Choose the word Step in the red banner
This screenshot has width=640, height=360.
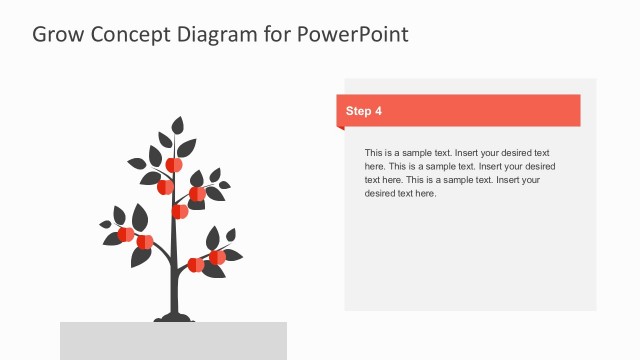pyautogui.click(x=357, y=111)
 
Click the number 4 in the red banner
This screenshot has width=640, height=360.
pyautogui.click(x=378, y=111)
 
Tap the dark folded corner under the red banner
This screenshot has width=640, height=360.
pyautogui.click(x=341, y=128)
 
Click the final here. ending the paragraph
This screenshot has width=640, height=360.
pyautogui.click(x=424, y=194)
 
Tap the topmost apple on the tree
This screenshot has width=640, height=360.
pyautogui.click(x=173, y=164)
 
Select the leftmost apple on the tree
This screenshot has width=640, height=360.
pyautogui.click(x=126, y=234)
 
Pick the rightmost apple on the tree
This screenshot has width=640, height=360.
pyautogui.click(x=217, y=257)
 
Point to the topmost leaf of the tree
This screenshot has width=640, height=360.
pyautogui.click(x=178, y=126)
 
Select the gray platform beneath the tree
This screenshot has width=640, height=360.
pyautogui.click(x=173, y=340)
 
